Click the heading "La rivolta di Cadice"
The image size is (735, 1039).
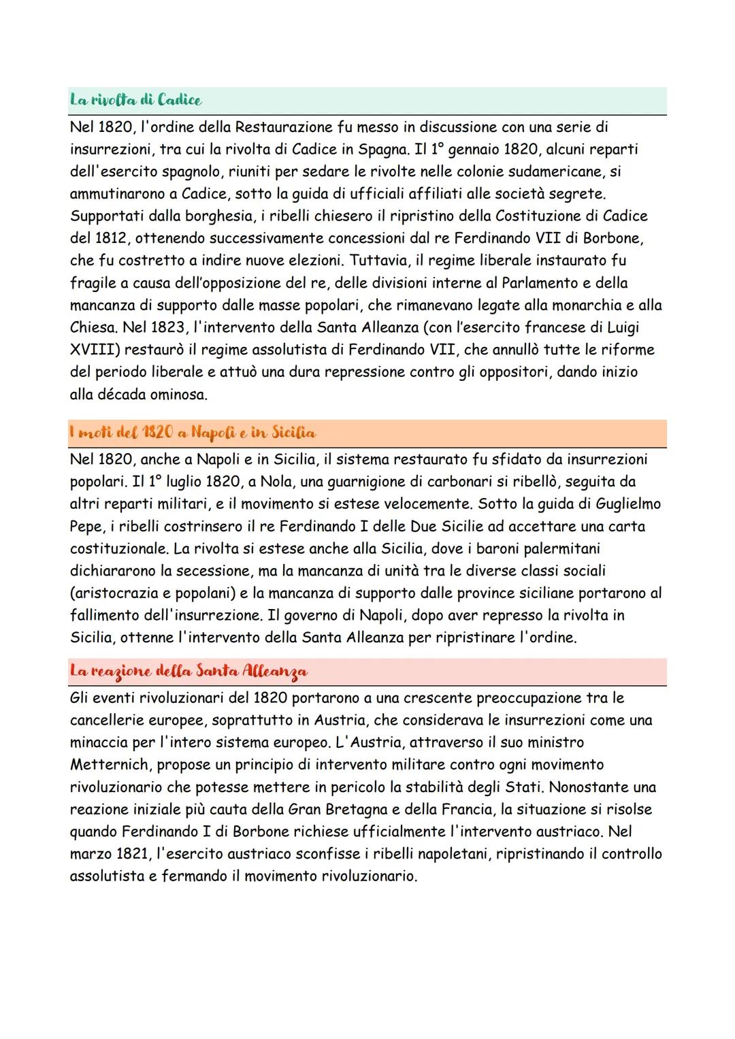click(136, 100)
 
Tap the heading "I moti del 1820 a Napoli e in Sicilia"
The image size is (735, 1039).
click(193, 433)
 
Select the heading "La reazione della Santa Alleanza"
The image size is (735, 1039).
click(189, 672)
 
